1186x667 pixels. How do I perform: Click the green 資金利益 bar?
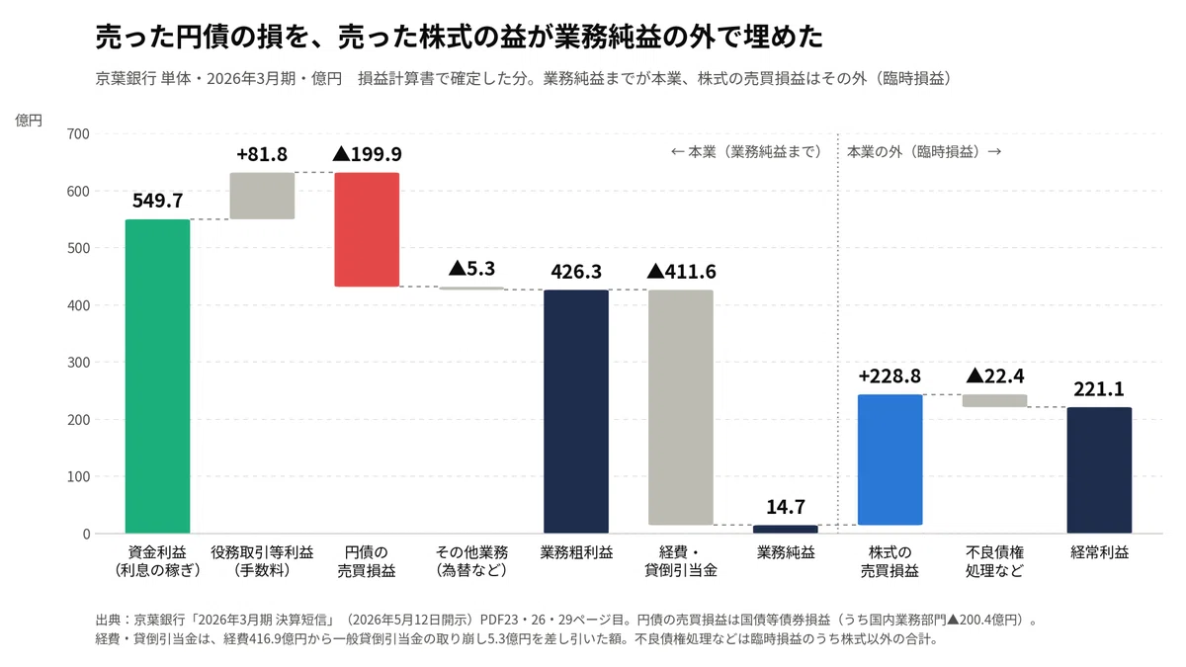click(x=158, y=376)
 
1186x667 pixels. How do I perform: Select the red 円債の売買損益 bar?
click(x=367, y=229)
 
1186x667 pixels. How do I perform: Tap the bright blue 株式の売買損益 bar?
click(x=890, y=460)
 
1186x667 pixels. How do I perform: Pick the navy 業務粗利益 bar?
click(x=576, y=411)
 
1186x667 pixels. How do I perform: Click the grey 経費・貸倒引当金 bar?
click(x=681, y=407)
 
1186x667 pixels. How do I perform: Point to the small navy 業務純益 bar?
click(x=786, y=530)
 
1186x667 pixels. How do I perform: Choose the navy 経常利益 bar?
click(x=1099, y=470)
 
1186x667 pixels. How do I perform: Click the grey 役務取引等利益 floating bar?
click(x=262, y=196)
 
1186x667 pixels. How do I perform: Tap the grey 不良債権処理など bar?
click(x=995, y=401)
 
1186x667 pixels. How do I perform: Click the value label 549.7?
click(x=158, y=201)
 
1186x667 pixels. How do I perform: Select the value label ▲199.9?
click(x=367, y=154)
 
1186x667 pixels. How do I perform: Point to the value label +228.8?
click(x=890, y=376)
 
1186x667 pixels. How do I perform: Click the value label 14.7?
click(x=786, y=507)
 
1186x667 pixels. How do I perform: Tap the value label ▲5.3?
click(x=471, y=269)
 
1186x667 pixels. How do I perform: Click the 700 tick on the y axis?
click(x=78, y=134)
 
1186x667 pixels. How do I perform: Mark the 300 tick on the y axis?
click(x=78, y=363)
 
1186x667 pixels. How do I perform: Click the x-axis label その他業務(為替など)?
click(x=471, y=561)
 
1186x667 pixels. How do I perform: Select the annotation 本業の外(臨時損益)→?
click(x=924, y=152)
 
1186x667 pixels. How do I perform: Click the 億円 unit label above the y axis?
click(x=29, y=121)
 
